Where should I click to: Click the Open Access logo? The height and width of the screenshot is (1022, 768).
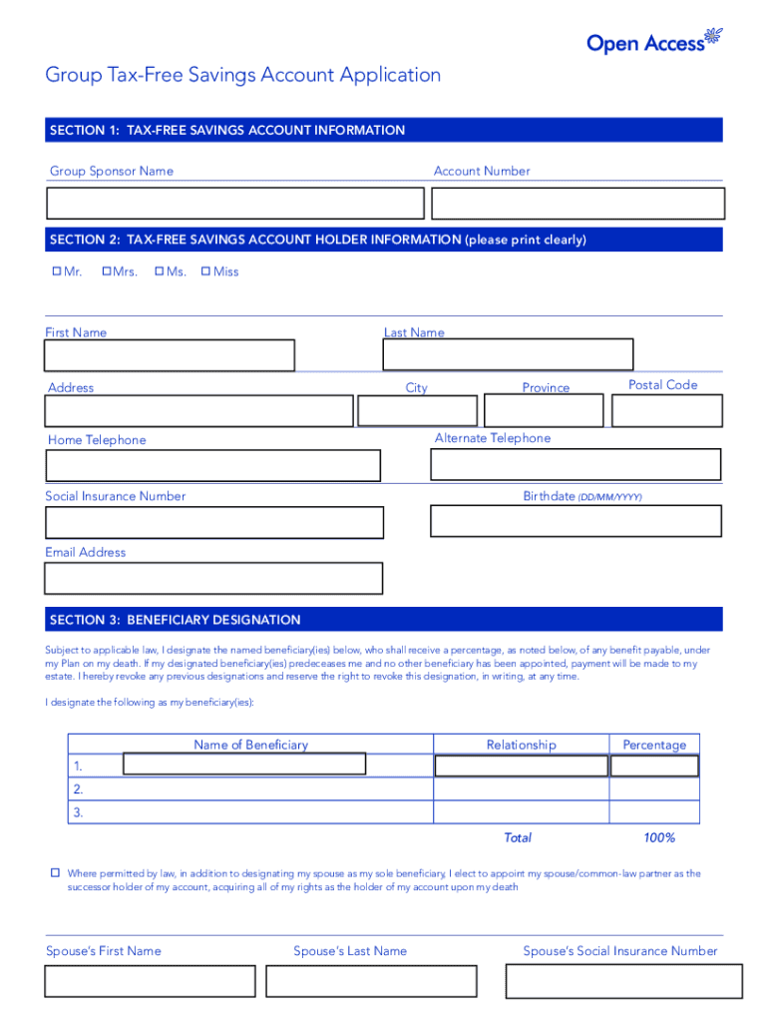pyautogui.click(x=652, y=41)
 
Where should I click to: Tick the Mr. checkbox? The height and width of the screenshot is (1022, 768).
pyautogui.click(x=56, y=271)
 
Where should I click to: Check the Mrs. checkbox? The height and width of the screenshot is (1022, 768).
pyautogui.click(x=107, y=271)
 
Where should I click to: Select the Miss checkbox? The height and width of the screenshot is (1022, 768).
pyautogui.click(x=206, y=271)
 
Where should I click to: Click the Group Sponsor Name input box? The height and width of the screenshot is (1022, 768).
pyautogui.click(x=235, y=203)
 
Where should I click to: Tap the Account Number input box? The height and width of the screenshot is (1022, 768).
pyautogui.click(x=577, y=203)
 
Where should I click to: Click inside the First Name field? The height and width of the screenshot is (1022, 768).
pyautogui.click(x=170, y=355)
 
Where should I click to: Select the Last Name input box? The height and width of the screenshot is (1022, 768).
pyautogui.click(x=509, y=354)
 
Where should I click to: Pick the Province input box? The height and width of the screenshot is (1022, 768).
pyautogui.click(x=544, y=410)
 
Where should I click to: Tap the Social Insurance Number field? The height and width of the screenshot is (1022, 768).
pyautogui.click(x=213, y=522)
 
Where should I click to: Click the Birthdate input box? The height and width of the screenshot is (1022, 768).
pyautogui.click(x=576, y=520)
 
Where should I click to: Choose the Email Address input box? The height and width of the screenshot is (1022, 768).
pyautogui.click(x=213, y=578)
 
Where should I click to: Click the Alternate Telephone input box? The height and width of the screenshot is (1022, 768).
pyautogui.click(x=576, y=464)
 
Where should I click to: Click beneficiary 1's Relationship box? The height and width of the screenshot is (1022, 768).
pyautogui.click(x=521, y=766)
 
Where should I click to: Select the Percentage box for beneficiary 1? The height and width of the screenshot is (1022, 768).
pyautogui.click(x=654, y=766)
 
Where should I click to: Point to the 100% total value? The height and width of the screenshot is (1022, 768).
pyautogui.click(x=659, y=837)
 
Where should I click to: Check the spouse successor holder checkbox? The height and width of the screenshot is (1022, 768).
pyautogui.click(x=56, y=873)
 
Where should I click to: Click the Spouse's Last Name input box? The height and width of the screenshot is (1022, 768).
pyautogui.click(x=379, y=981)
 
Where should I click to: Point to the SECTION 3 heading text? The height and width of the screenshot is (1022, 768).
pyautogui.click(x=175, y=620)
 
